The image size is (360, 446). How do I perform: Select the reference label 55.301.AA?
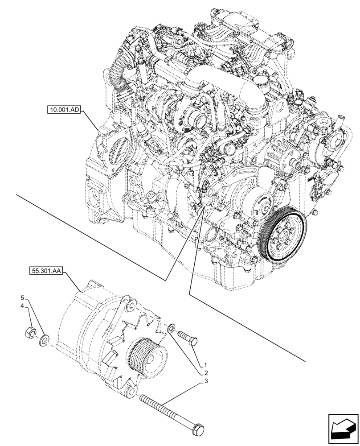pyautogui.click(x=46, y=270)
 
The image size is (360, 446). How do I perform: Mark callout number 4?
pyautogui.click(x=21, y=306)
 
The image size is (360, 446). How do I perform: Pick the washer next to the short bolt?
pyautogui.click(x=171, y=330)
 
